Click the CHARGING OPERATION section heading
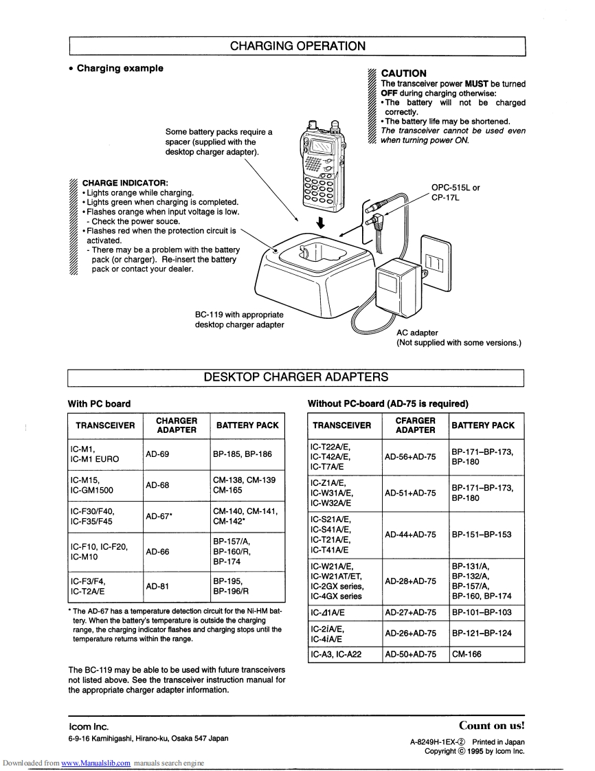point(297,46)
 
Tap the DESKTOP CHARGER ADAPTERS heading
point(296,377)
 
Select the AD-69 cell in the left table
point(157,454)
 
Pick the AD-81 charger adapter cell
point(157,586)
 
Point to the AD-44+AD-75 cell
point(410,534)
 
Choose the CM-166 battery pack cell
point(467,654)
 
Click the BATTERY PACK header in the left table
point(247,425)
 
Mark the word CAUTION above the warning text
point(403,73)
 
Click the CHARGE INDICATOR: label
point(125,183)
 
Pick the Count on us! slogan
point(491,725)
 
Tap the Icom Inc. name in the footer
point(89,726)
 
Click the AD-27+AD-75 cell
point(410,612)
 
